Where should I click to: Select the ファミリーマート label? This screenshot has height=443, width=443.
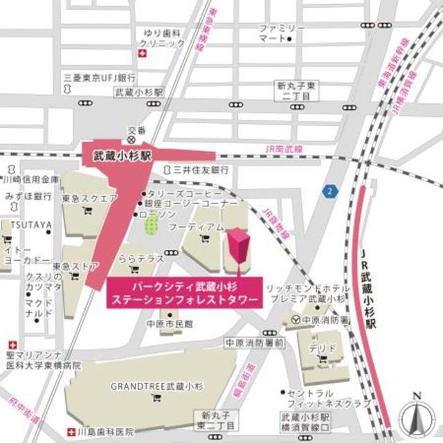tap(282, 33)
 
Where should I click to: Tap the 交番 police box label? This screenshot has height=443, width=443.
tap(137, 130)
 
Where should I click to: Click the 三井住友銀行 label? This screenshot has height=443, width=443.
tap(201, 169)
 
